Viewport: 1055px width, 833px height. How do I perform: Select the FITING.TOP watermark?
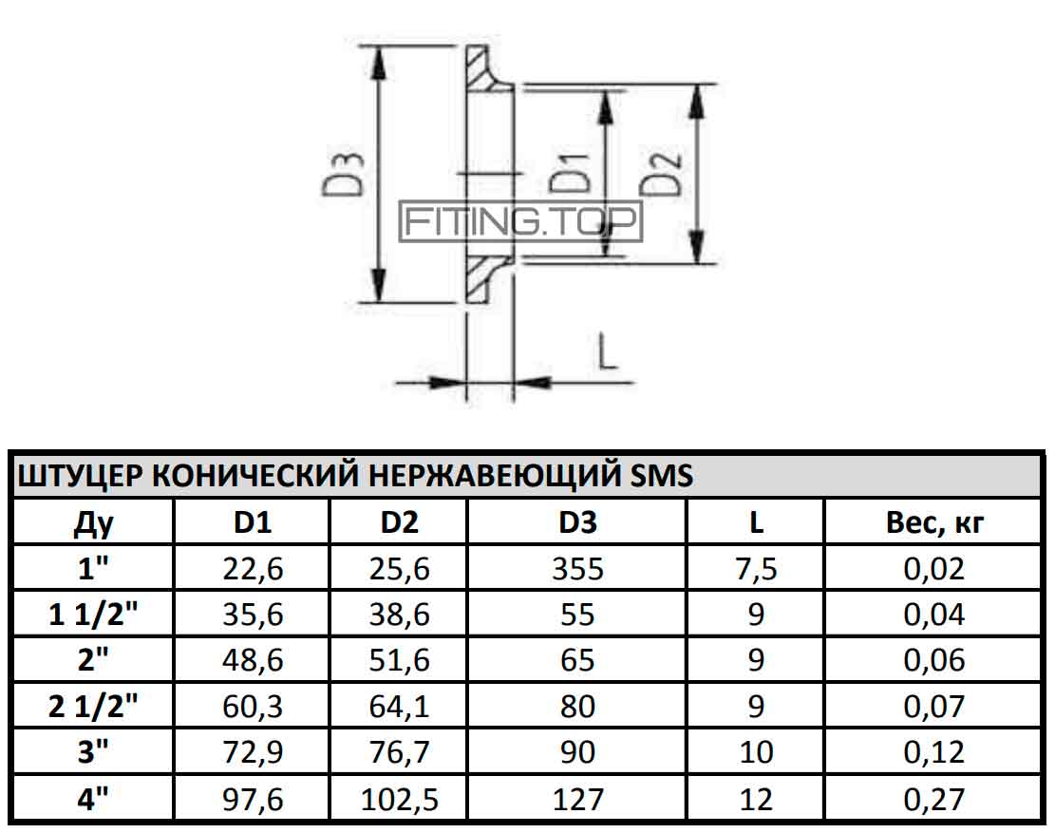(x=520, y=221)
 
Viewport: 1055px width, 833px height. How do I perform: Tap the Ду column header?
(x=93, y=523)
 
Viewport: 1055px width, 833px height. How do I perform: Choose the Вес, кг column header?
(x=935, y=522)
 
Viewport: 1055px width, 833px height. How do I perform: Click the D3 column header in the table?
(x=577, y=522)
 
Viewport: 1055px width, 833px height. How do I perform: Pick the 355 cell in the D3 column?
(x=577, y=569)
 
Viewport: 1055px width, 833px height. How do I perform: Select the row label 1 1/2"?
(x=93, y=614)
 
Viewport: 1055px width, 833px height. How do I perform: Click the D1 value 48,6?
(x=253, y=660)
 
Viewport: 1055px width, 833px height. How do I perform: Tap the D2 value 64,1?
(x=399, y=707)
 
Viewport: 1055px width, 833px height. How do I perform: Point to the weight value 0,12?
(x=933, y=751)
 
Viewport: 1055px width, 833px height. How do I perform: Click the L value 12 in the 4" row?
(x=756, y=800)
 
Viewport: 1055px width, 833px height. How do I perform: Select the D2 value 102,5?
(x=399, y=800)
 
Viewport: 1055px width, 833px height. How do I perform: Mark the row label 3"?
(x=93, y=751)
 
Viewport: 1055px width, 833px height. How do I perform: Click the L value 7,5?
(x=756, y=569)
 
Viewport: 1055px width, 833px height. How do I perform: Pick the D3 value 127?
(x=577, y=800)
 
